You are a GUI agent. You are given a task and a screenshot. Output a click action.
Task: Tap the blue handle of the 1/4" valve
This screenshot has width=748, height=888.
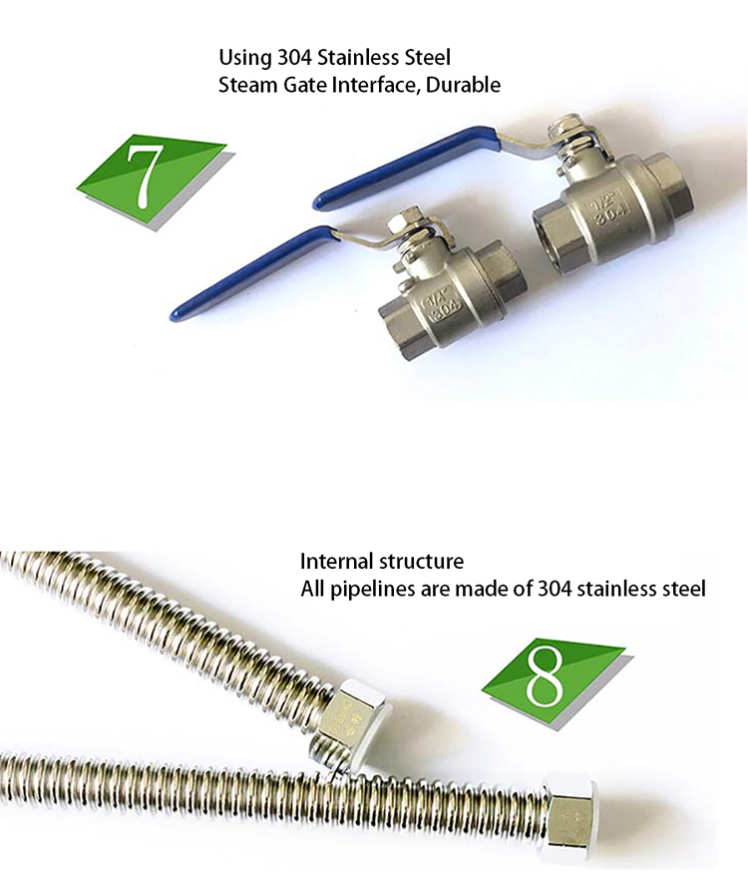pyautogui.click(x=252, y=273)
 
